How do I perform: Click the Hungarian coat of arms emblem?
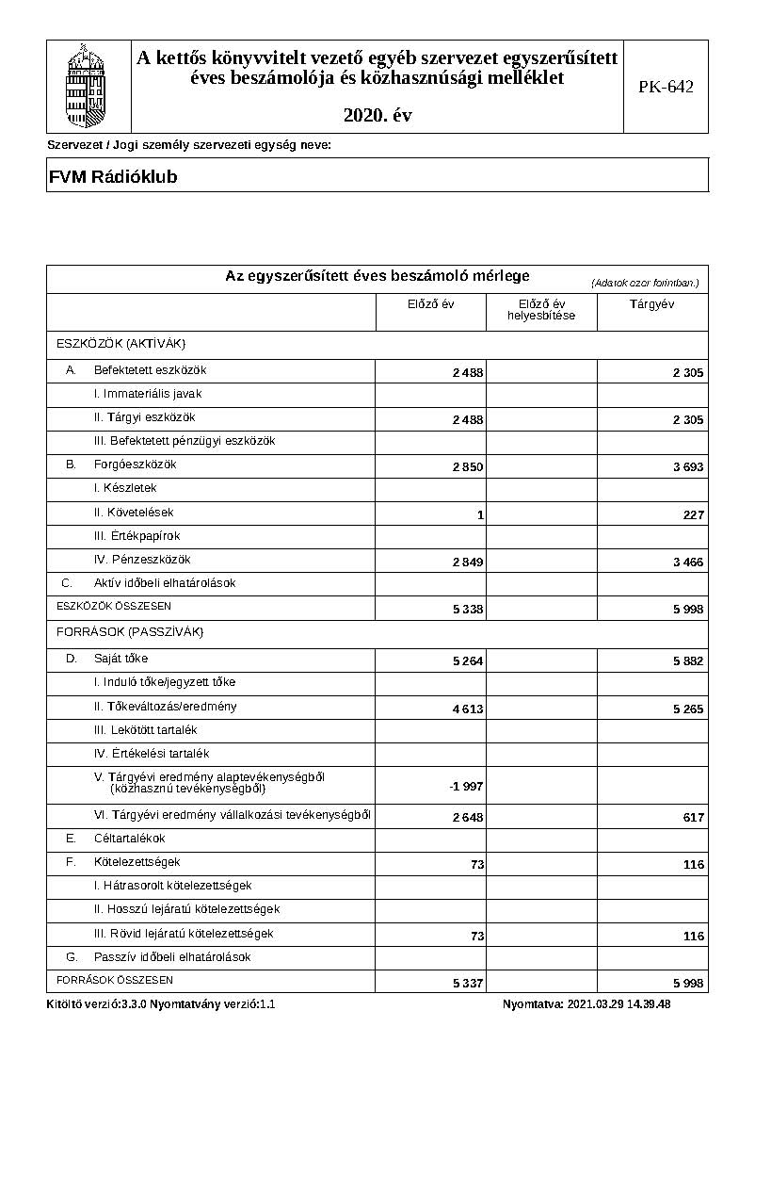click(x=88, y=85)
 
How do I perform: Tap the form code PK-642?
click(x=666, y=87)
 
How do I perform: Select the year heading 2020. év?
click(x=377, y=116)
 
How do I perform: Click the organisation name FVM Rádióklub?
click(x=112, y=177)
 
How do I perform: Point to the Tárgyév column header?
click(x=651, y=304)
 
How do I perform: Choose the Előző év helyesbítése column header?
click(x=541, y=310)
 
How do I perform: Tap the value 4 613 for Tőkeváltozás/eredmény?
click(x=468, y=709)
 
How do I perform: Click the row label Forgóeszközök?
click(x=135, y=465)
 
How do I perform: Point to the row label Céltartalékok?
click(x=129, y=838)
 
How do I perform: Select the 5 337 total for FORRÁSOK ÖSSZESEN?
click(x=468, y=984)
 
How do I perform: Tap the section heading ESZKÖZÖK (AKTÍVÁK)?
click(x=121, y=343)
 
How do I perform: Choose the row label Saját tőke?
click(x=120, y=659)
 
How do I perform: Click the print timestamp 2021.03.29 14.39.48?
click(x=618, y=1004)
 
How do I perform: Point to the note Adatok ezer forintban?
click(x=645, y=283)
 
